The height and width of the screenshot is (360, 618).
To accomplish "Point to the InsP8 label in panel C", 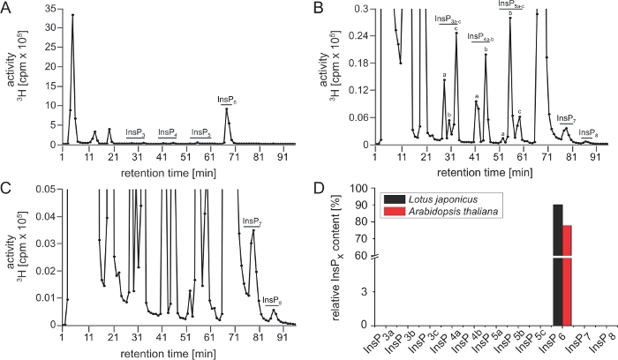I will (273, 300).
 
